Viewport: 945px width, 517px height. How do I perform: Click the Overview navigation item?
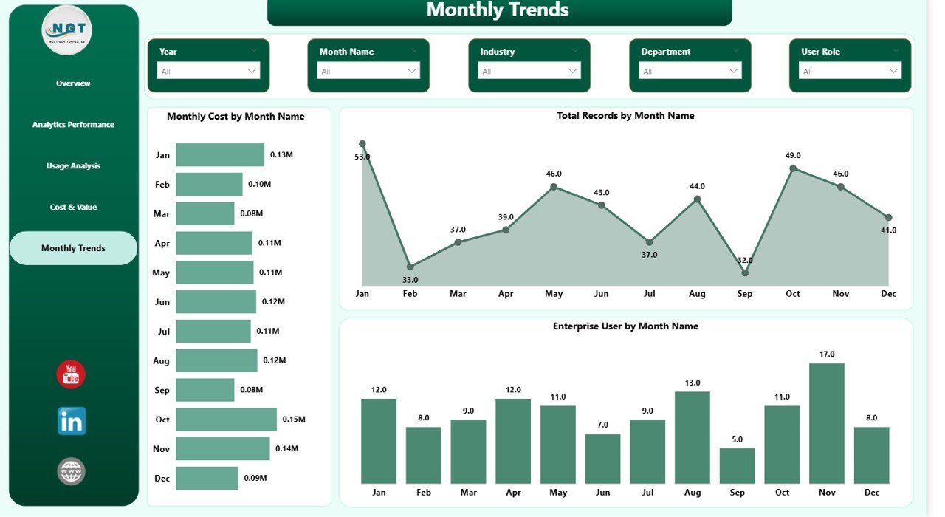click(x=73, y=83)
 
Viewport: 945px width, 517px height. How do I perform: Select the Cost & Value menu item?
click(x=73, y=208)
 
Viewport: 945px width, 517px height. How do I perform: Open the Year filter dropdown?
click(x=208, y=71)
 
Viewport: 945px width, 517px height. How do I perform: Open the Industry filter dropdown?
click(x=529, y=71)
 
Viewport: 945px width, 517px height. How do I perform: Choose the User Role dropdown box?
click(x=850, y=71)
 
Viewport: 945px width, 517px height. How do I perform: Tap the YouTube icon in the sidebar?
click(x=71, y=374)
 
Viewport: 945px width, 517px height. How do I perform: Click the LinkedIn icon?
click(x=72, y=421)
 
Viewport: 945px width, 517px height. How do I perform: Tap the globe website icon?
click(x=71, y=471)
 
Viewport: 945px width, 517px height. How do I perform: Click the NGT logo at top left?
click(x=67, y=30)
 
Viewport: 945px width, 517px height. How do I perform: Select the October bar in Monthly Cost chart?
click(x=226, y=420)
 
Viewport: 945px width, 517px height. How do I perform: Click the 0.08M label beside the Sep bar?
click(x=251, y=390)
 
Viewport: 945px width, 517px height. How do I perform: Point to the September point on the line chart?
click(x=745, y=273)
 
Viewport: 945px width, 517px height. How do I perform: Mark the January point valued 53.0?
click(x=362, y=144)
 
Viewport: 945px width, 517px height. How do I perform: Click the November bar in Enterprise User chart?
click(x=827, y=422)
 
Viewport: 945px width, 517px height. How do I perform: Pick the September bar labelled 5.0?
click(x=737, y=465)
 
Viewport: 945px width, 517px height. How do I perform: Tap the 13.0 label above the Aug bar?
click(x=692, y=383)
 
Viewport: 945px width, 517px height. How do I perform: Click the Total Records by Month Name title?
click(x=625, y=116)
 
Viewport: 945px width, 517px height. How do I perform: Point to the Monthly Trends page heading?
click(x=498, y=10)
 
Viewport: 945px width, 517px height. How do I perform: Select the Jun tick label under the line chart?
click(x=602, y=294)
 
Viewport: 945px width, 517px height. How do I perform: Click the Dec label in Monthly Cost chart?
click(x=162, y=479)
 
